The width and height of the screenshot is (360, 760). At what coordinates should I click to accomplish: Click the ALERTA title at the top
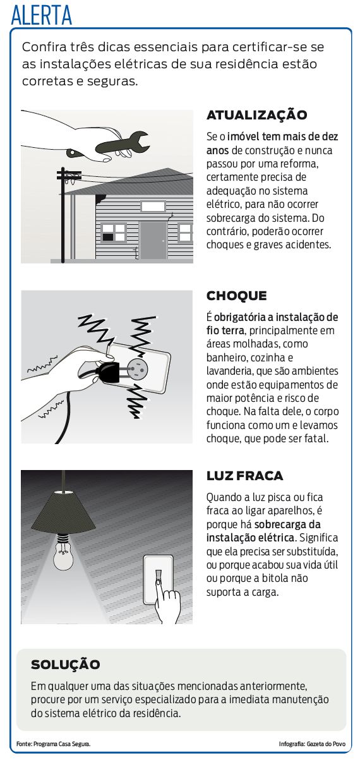(42, 15)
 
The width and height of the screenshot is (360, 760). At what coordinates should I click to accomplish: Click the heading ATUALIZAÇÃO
(256, 115)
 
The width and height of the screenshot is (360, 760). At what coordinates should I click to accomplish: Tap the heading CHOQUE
(236, 296)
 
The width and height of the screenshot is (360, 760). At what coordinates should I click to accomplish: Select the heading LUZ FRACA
(244, 476)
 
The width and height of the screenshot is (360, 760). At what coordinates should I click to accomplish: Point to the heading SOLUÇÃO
(66, 664)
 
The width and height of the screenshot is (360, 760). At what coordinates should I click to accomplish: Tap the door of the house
(153, 240)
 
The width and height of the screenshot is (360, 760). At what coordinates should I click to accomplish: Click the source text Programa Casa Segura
(62, 744)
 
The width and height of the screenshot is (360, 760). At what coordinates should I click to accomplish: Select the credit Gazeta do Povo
(326, 744)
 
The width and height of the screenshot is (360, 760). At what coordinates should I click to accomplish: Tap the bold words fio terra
(225, 330)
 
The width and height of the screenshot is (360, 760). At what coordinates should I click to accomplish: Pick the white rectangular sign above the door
(153, 206)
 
